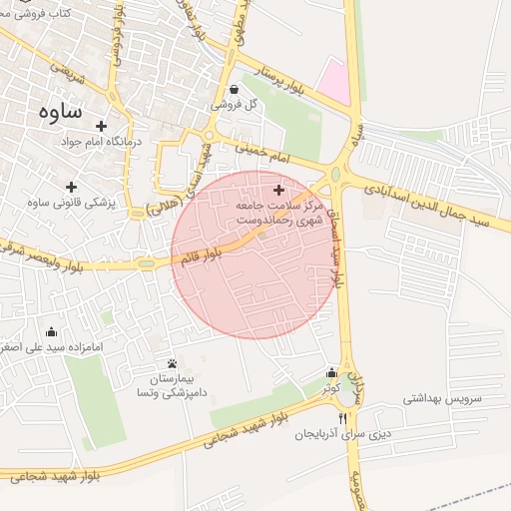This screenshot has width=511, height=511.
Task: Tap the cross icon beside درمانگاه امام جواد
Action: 100,126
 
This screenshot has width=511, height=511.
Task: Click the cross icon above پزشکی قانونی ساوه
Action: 71,187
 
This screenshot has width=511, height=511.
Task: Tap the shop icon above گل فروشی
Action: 234,90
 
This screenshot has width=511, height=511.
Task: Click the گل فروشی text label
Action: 235,105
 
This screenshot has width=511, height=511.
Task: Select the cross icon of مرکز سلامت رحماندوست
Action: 277,189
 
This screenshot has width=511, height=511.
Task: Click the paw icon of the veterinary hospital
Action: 172,364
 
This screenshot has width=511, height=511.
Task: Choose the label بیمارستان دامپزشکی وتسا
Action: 172,386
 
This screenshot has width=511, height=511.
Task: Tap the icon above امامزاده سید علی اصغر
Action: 52,332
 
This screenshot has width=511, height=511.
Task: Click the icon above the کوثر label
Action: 331,373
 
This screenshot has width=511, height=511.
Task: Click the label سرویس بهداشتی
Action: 442,397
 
